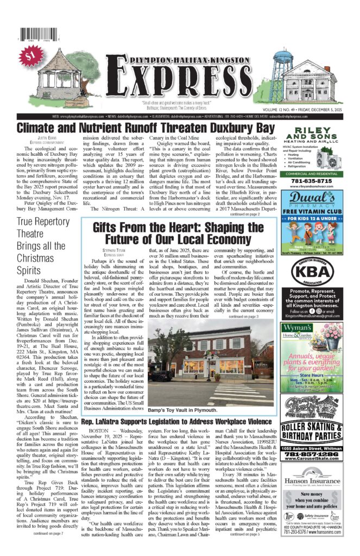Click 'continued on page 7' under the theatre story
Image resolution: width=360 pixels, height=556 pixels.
pyautogui.click(x=48, y=533)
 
